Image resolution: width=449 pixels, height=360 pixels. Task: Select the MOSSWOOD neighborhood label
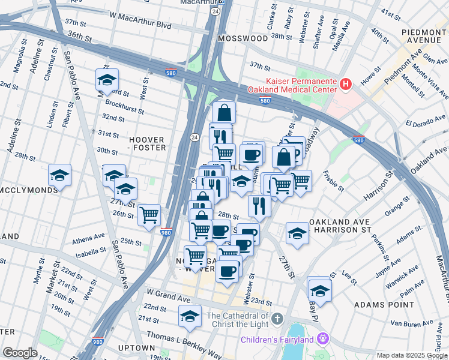(x=243, y=38)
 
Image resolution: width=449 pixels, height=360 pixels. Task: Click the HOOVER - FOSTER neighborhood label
(x=146, y=143)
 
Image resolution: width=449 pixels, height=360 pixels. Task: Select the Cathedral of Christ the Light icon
(x=277, y=317)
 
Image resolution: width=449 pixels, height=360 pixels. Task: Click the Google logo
(x=20, y=353)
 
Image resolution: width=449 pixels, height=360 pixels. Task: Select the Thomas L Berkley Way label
(x=176, y=337)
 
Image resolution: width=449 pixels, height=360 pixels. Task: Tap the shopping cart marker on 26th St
(x=149, y=214)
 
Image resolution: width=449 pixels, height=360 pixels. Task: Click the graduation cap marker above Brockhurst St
(x=107, y=79)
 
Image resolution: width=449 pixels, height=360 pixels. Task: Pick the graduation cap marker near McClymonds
(x=59, y=175)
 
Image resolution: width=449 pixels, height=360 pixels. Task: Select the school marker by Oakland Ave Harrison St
(x=297, y=233)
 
